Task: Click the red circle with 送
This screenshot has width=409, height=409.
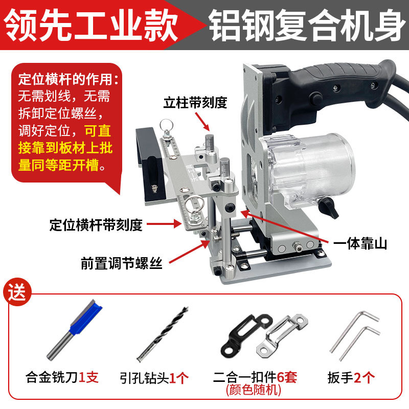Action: click(17, 292)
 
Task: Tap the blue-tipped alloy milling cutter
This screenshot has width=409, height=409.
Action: click(74, 330)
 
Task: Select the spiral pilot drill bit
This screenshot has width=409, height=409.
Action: click(163, 334)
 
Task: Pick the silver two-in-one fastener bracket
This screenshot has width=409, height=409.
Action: click(282, 336)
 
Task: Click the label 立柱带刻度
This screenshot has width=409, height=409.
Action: click(195, 103)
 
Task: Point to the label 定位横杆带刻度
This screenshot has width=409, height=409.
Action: click(96, 225)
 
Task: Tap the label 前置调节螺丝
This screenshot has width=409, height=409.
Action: click(122, 263)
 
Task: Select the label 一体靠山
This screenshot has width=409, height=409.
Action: click(360, 244)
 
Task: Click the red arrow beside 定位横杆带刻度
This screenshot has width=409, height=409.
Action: click(164, 224)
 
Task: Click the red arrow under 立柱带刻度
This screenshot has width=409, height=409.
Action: click(202, 122)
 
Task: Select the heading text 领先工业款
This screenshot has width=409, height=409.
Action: click(91, 25)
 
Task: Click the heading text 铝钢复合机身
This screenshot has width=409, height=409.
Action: click(307, 25)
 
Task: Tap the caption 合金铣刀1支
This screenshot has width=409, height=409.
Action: click(62, 377)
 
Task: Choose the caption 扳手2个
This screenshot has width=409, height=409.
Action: click(351, 377)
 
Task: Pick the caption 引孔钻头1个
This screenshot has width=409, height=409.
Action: click(154, 378)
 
